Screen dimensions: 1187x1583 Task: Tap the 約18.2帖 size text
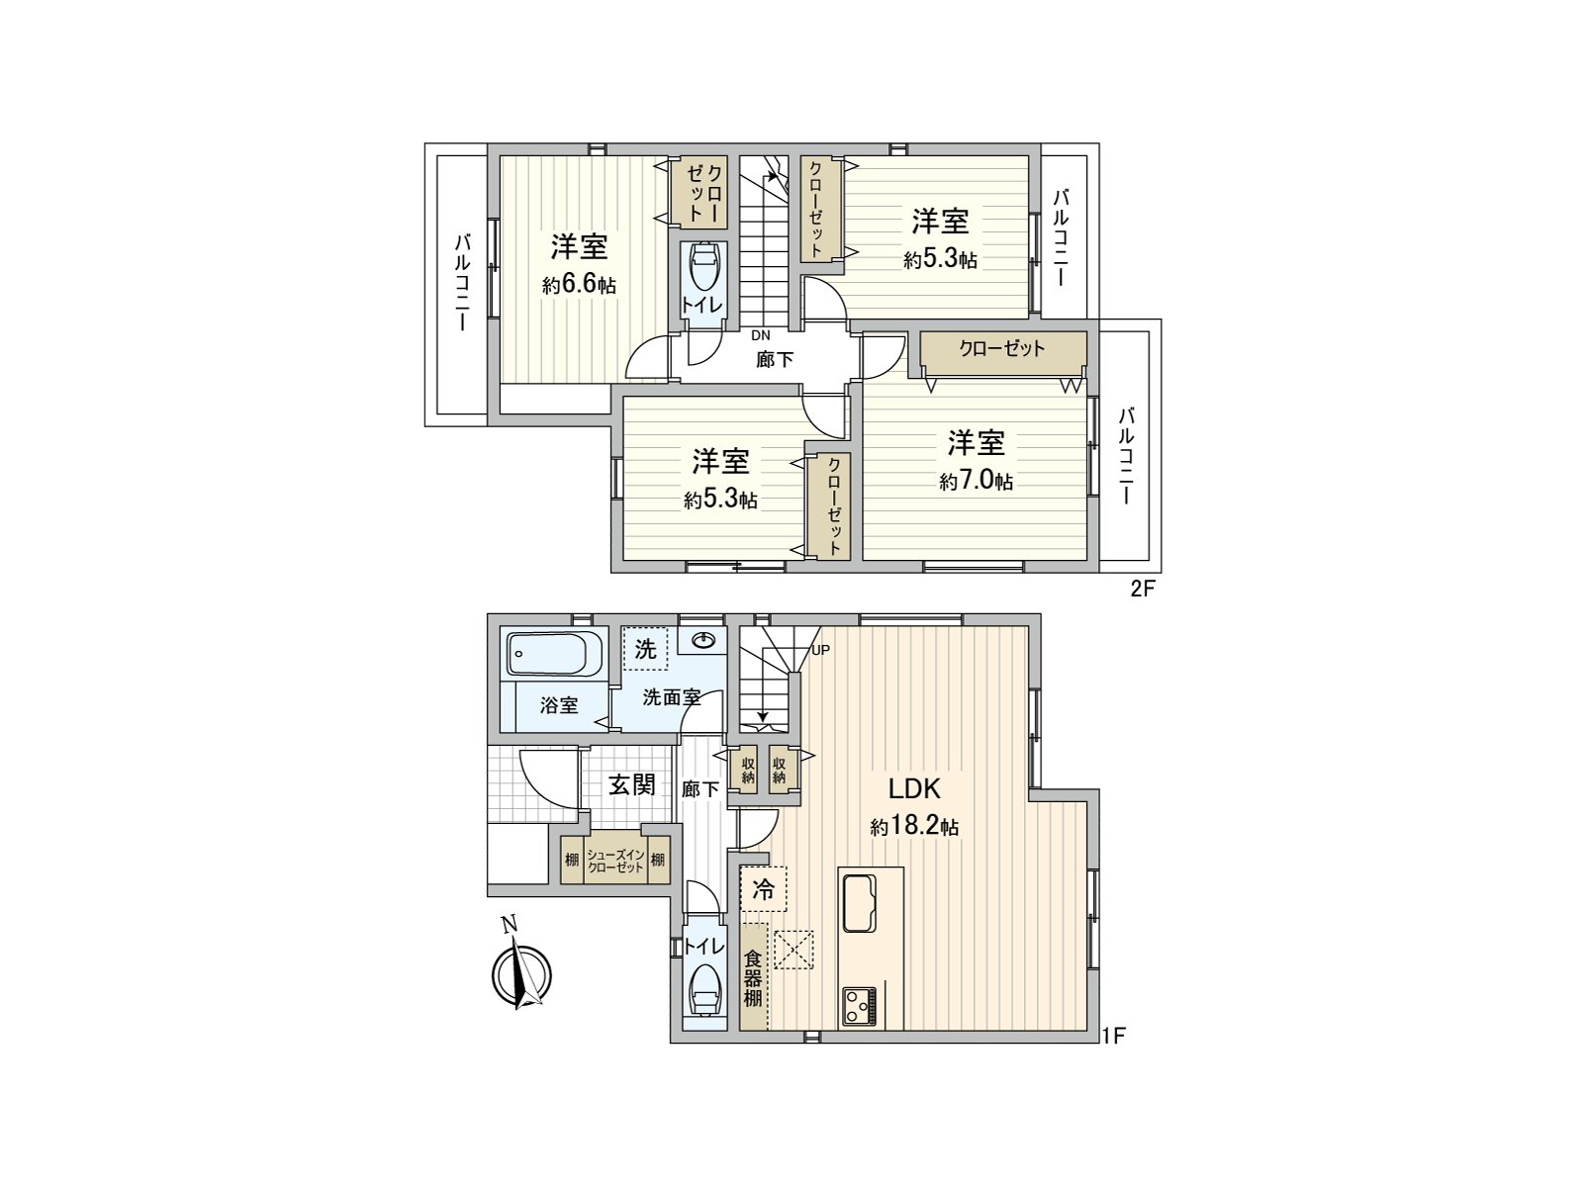913,827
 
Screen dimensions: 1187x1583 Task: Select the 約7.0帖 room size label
976,481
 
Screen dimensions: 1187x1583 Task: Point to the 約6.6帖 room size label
579,285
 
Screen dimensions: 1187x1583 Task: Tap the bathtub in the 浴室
556,655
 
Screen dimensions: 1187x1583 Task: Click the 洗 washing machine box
645,650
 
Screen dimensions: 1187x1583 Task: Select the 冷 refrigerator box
763,888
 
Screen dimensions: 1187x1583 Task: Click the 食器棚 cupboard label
753,977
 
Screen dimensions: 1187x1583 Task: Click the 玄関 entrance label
631,785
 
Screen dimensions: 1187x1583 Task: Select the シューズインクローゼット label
615,860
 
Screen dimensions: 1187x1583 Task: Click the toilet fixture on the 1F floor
703,988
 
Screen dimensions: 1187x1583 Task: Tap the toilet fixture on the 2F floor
703,267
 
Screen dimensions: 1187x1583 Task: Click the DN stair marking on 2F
760,335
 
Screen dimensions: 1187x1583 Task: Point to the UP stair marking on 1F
820,650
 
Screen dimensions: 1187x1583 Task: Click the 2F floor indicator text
1143,591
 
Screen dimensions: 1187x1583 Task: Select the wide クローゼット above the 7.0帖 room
1001,349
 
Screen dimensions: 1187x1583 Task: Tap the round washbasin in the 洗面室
705,640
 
